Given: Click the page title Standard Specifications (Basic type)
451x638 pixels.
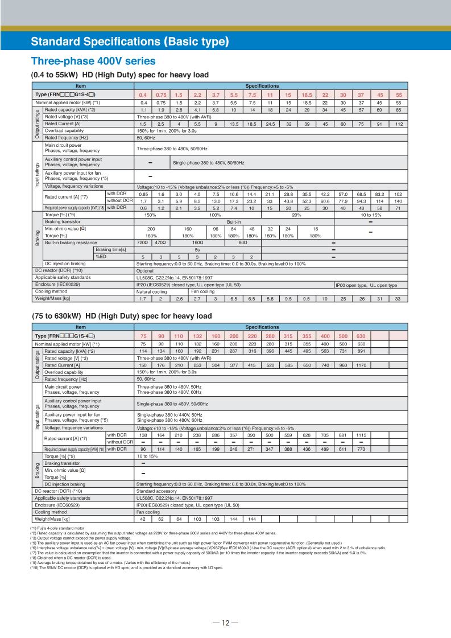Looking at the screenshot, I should [130, 42].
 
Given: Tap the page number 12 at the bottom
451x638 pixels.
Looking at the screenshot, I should [225, 607].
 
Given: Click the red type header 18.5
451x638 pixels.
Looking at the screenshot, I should [307, 94].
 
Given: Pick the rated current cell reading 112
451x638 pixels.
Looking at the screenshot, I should [398, 124].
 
